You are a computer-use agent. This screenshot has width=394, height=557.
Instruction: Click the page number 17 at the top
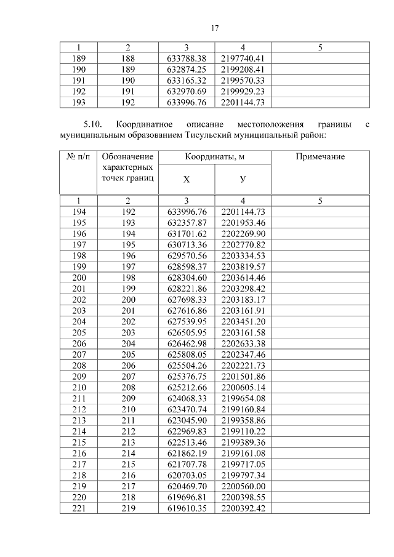pos(215,28)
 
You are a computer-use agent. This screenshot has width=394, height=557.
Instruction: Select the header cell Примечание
pos(320,157)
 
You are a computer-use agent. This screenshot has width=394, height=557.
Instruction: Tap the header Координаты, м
pos(215,157)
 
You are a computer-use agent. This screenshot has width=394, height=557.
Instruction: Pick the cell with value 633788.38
pos(187,58)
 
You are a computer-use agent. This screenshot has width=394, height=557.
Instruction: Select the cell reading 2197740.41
pos(243,58)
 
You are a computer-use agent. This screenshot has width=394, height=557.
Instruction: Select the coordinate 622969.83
pos(187,430)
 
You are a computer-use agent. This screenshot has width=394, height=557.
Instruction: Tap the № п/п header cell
pos(78,157)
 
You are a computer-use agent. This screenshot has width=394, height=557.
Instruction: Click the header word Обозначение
pos(127,157)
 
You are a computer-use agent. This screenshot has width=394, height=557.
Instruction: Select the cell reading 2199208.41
pos(243,70)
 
